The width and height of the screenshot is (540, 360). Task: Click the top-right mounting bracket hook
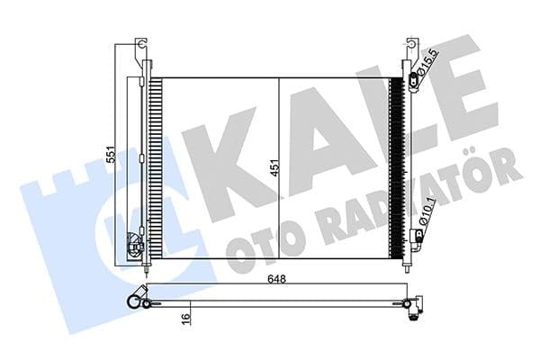410,46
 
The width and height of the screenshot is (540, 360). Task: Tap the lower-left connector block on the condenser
136,244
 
